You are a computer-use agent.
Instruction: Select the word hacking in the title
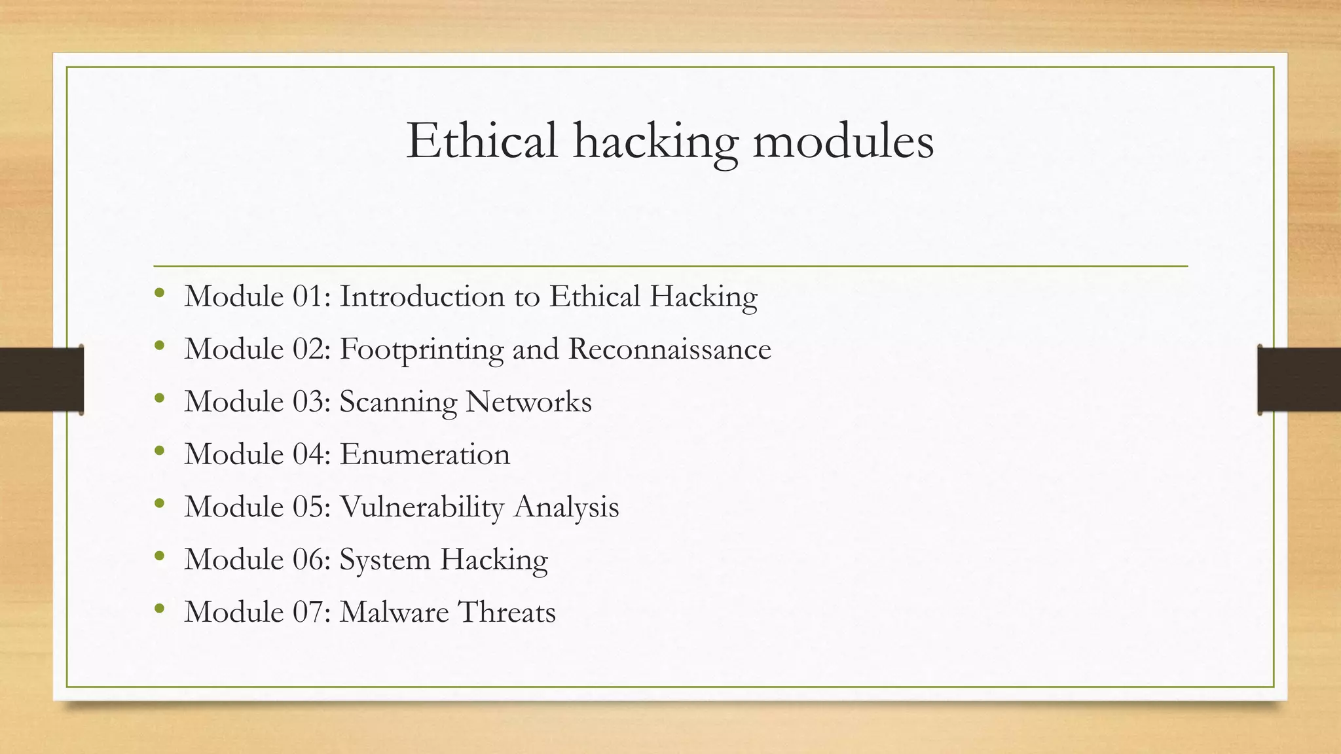pyautogui.click(x=655, y=141)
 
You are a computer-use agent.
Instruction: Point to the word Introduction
pyautogui.click(x=422, y=296)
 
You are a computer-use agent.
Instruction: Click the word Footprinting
pyautogui.click(x=422, y=350)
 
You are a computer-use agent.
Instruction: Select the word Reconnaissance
pyautogui.click(x=669, y=350)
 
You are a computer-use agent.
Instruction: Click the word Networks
pyautogui.click(x=528, y=402)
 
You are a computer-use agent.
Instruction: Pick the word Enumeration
pyautogui.click(x=424, y=454)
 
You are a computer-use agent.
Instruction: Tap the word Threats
pyautogui.click(x=507, y=612)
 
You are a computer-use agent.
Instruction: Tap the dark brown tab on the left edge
pyautogui.click(x=41, y=380)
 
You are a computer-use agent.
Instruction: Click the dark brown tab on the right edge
pyautogui.click(x=1299, y=380)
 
